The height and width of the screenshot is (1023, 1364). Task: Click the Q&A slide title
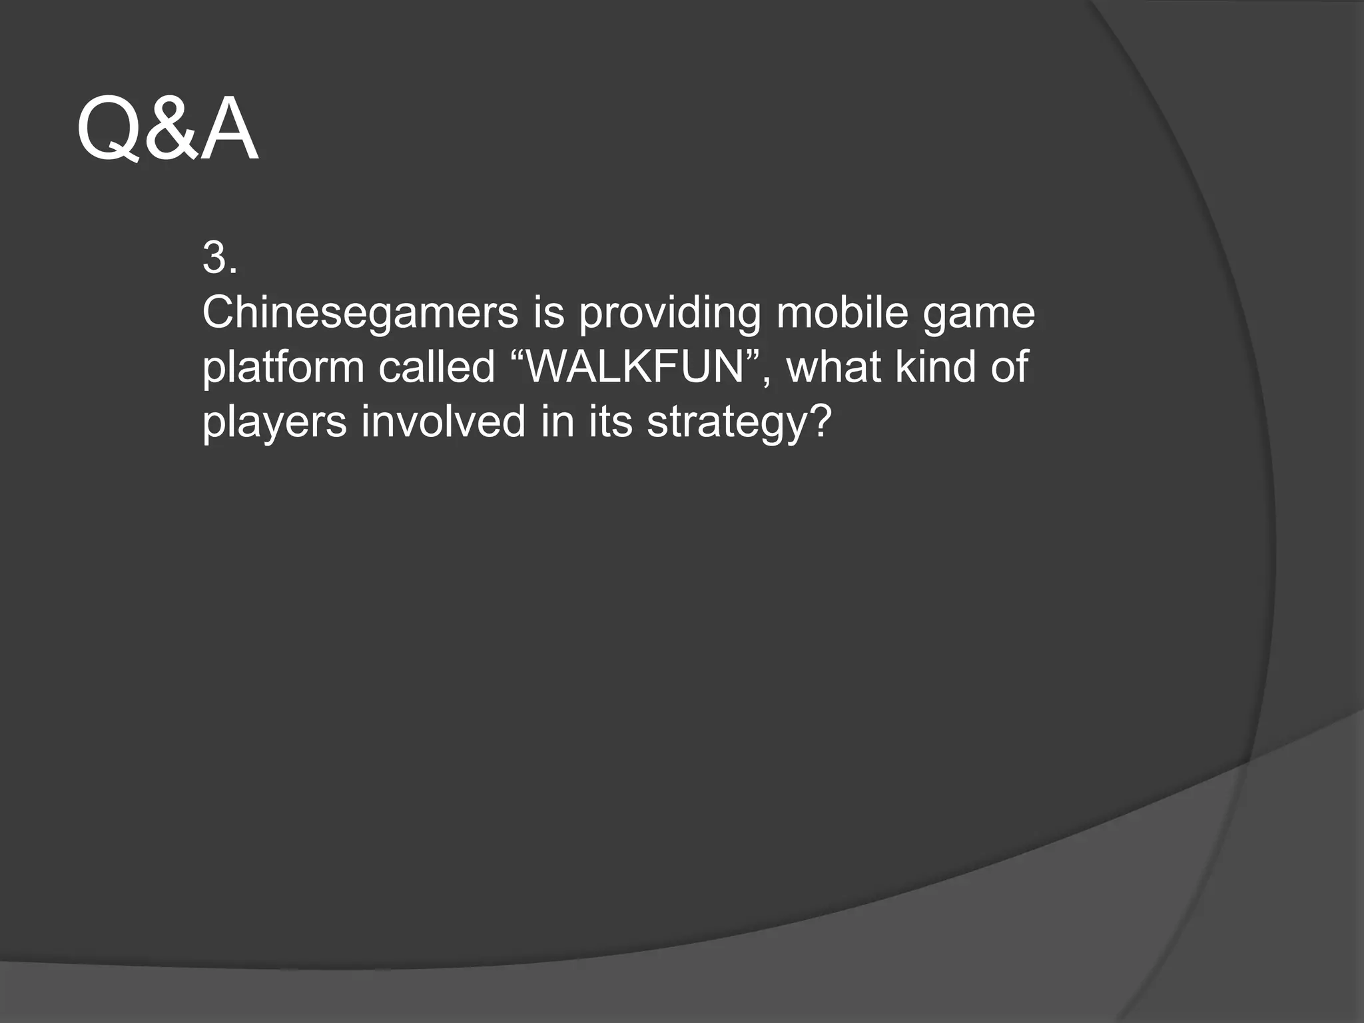tap(167, 129)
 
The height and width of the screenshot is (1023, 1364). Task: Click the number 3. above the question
tap(219, 258)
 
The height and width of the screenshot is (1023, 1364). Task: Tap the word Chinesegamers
tap(360, 312)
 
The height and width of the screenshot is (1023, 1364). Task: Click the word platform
tap(283, 367)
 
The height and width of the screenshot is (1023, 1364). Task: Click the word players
tap(274, 423)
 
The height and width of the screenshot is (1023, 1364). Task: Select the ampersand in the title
tap(165, 131)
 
